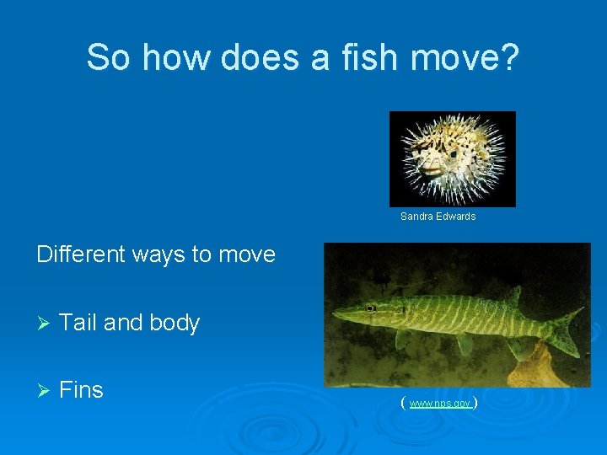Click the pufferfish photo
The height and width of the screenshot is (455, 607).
point(452,158)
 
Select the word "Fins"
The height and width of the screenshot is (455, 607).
point(82,390)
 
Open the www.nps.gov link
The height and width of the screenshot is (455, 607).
point(439,404)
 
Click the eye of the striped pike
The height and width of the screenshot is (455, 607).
point(369,308)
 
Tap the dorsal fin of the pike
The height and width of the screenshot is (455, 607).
point(511,296)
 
